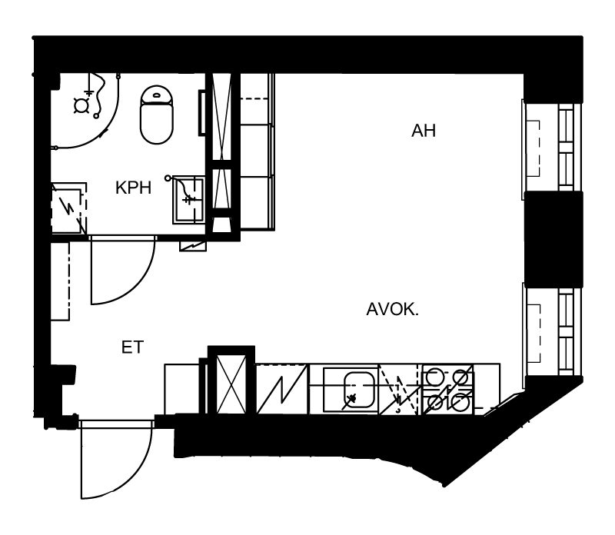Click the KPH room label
(133, 188)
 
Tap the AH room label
(424, 131)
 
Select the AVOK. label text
(392, 310)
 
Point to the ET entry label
(132, 347)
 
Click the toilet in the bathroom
(157, 115)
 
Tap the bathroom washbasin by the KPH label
(188, 200)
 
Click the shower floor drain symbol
(81, 105)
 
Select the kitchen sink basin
(358, 389)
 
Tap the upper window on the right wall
(551, 145)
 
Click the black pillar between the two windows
(553, 239)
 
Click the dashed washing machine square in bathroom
(68, 208)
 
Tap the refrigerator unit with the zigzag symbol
(282, 389)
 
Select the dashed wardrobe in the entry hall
(60, 281)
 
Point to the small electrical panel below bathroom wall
(193, 246)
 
